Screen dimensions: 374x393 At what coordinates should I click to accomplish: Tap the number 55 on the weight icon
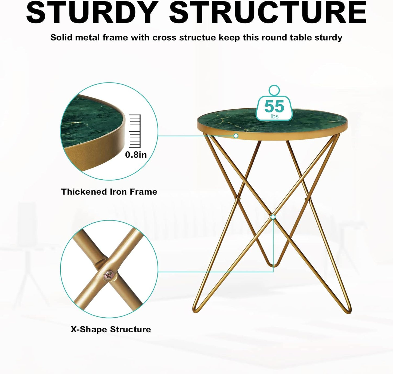274,106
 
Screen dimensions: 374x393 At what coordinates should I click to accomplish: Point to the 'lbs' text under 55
274,117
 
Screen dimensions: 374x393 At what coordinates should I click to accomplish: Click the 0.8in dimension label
136,155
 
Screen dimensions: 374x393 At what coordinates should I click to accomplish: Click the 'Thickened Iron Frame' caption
109,192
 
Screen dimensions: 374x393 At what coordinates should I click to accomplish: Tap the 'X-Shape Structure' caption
111,329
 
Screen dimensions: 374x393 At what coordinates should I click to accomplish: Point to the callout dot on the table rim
236,136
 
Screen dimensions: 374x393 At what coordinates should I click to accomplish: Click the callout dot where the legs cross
273,217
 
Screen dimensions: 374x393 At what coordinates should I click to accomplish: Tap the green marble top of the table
234,120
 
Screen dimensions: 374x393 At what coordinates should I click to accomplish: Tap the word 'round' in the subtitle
274,38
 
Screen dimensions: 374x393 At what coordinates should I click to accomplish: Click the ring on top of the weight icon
274,90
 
